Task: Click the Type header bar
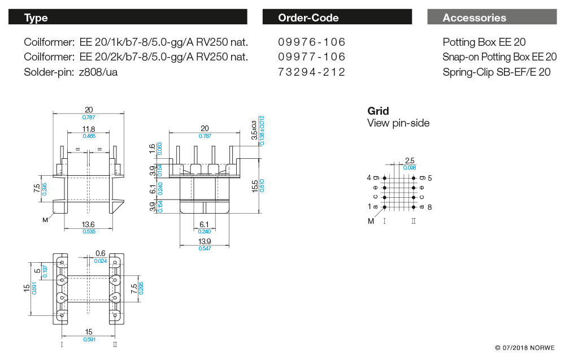[128, 18]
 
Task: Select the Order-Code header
[337, 18]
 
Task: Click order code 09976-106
[312, 42]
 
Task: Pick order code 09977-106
[312, 57]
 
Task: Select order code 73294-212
[312, 72]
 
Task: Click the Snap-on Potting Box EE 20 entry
[499, 57]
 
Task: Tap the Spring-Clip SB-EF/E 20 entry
[496, 72]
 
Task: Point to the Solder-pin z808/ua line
[71, 72]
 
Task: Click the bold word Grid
[378, 111]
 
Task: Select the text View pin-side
[398, 123]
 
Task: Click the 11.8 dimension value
[89, 129]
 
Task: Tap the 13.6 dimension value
[89, 224]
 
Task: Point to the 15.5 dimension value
[255, 185]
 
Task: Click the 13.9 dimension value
[205, 241]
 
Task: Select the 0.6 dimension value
[101, 253]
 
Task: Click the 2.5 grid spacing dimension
[410, 161]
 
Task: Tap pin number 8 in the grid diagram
[429, 207]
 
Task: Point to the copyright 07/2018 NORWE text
[524, 348]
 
